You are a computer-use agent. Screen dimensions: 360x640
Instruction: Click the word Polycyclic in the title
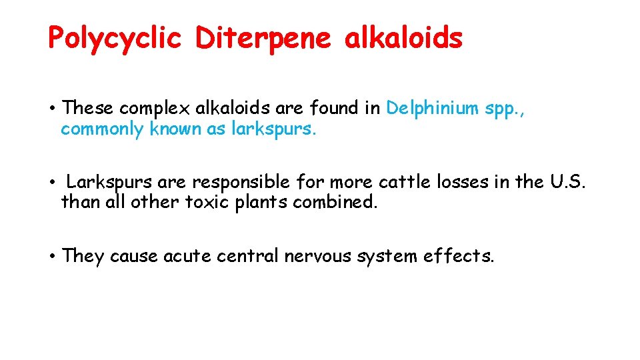[115, 39]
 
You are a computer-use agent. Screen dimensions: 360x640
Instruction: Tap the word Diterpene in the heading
[263, 39]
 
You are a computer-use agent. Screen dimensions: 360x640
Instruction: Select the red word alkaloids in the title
[403, 39]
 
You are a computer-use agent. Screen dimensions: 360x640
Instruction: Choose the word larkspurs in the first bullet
[273, 129]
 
